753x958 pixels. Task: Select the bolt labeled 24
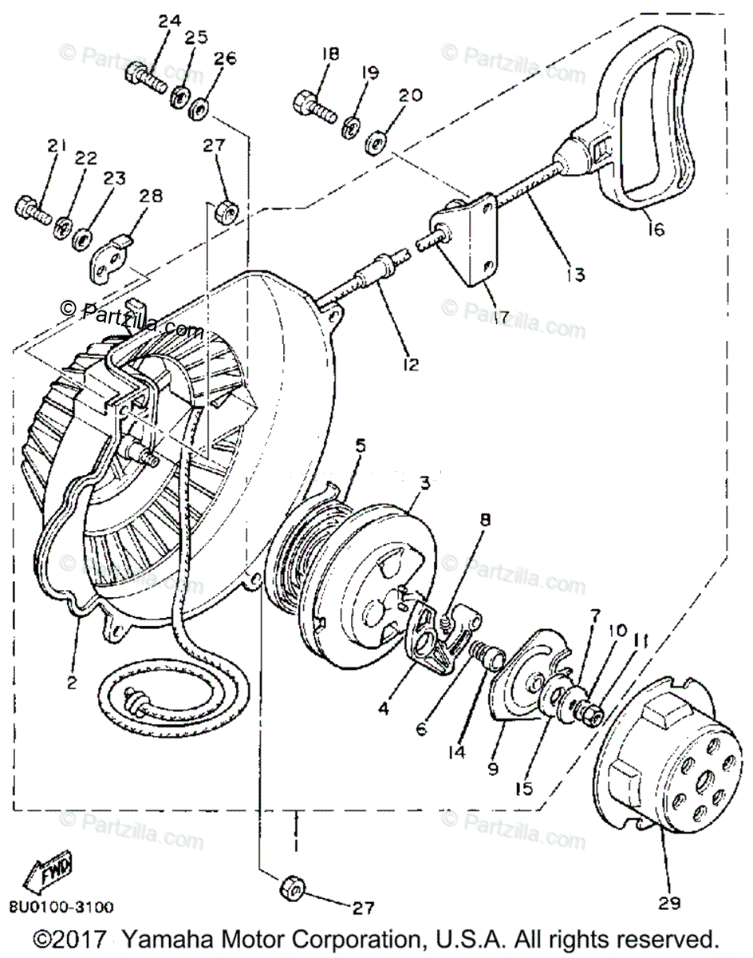click(144, 76)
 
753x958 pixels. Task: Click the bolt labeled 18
click(313, 104)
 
